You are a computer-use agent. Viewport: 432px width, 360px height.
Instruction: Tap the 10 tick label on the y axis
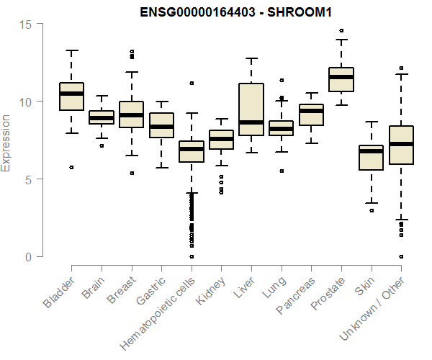coord(27,102)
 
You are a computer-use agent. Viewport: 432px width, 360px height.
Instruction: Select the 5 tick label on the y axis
coord(30,179)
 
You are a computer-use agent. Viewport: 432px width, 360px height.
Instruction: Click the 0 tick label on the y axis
coord(30,257)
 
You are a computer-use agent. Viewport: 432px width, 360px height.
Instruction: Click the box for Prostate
coord(341,79)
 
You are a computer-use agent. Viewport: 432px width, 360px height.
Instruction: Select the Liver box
coord(251,109)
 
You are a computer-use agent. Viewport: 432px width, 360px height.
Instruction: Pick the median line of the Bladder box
coord(71,94)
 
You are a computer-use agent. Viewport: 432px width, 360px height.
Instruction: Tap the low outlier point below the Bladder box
coord(71,168)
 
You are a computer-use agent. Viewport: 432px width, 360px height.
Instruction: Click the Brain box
coord(102,117)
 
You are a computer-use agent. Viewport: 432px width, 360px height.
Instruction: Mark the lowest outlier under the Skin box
coord(372,210)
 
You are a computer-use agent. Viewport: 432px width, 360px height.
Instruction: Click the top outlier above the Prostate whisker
coord(341,31)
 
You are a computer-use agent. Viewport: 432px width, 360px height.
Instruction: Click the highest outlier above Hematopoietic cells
coord(192,84)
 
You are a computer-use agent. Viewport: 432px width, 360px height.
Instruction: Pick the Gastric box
coord(161,125)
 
